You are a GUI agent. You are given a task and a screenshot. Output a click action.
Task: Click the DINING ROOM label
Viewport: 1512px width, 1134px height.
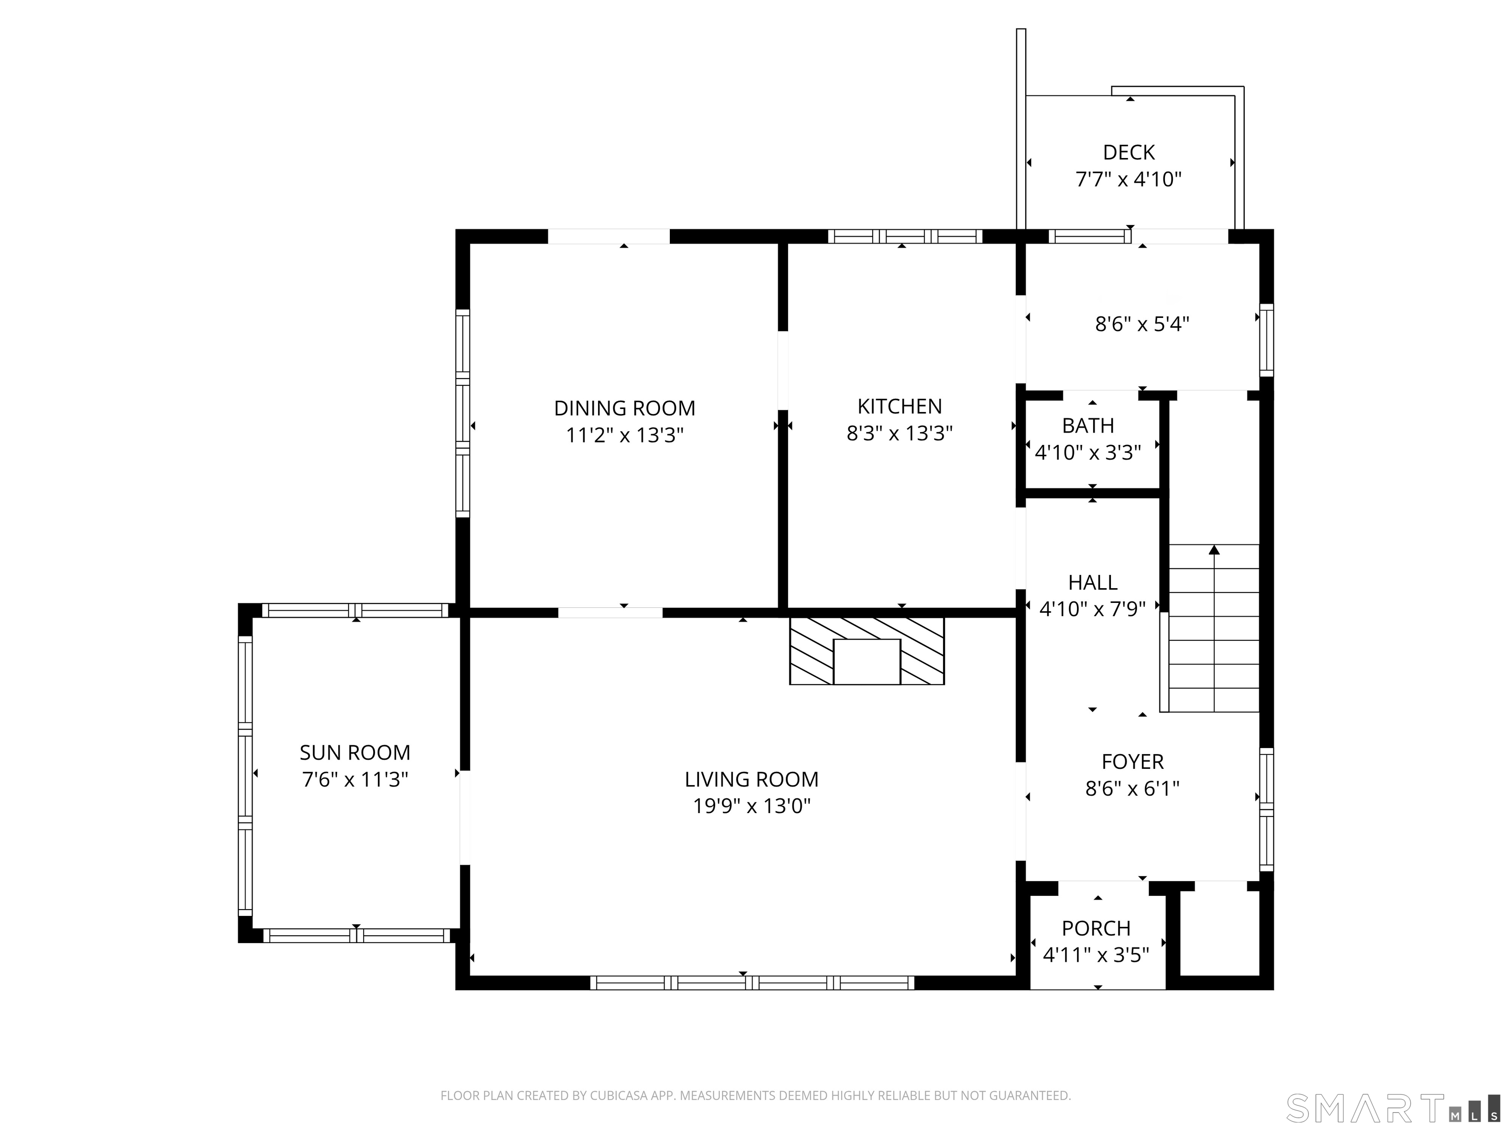point(624,408)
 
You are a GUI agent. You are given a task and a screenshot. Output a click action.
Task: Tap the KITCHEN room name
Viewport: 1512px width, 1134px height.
point(900,407)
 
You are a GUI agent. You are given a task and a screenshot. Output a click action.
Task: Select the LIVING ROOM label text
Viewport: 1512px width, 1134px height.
point(751,779)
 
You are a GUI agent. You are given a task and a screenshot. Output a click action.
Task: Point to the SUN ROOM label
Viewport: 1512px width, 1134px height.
point(355,753)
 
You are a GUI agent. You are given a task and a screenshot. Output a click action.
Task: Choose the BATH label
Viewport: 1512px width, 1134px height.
point(1088,426)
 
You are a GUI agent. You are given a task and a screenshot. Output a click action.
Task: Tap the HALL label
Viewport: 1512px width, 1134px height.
point(1092,582)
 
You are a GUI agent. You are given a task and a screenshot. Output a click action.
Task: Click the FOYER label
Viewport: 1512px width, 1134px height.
point(1133,761)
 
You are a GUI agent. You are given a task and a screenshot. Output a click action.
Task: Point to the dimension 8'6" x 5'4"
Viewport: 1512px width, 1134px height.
point(1142,324)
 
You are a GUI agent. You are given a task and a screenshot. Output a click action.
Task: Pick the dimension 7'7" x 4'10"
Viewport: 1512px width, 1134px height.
point(1129,179)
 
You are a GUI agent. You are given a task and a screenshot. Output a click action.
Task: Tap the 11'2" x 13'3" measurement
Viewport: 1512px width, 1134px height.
point(624,436)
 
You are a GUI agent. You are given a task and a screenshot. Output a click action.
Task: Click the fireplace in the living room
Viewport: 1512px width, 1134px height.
point(867,650)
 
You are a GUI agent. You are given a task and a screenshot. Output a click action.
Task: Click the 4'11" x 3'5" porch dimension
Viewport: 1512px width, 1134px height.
point(1096,954)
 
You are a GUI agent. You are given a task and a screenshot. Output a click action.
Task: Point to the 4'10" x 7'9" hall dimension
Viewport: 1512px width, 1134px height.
point(1092,609)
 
